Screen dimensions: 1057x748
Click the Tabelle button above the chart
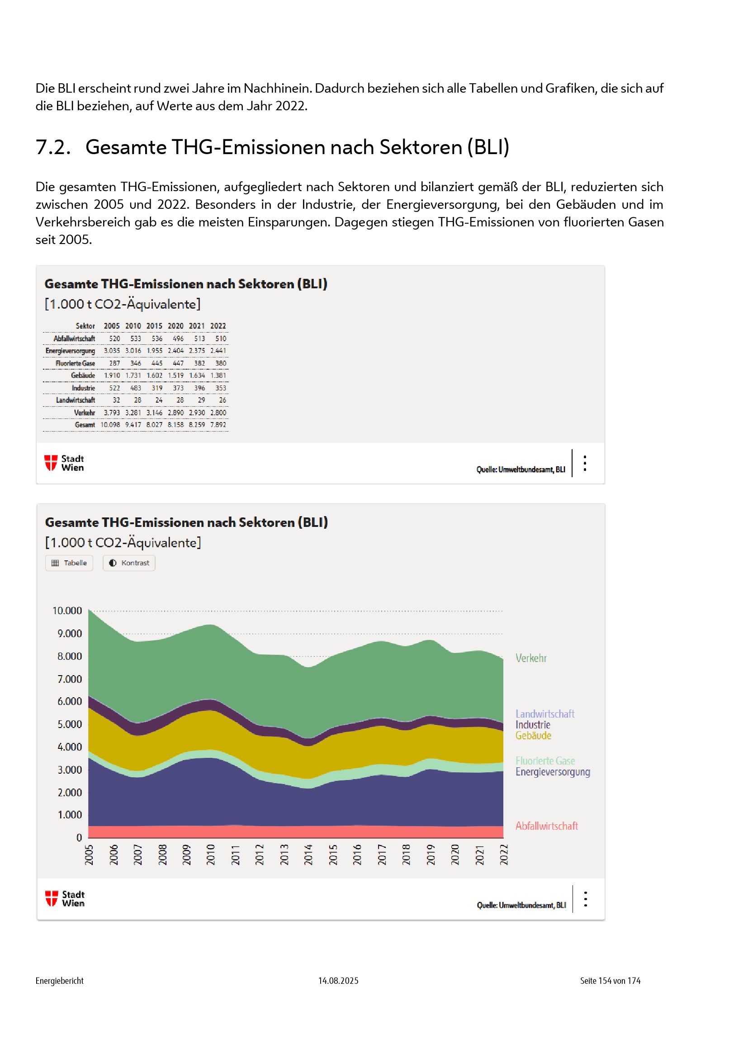point(69,563)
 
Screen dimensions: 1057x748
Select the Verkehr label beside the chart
point(530,658)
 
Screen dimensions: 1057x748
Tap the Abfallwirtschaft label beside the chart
point(546,826)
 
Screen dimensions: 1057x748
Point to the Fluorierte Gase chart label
point(545,761)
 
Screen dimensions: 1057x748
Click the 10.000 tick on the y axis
point(67,611)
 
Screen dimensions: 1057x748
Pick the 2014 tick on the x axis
point(308,855)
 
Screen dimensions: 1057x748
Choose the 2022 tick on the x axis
point(504,855)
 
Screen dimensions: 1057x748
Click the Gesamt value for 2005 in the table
point(110,425)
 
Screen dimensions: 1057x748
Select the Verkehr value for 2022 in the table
point(218,413)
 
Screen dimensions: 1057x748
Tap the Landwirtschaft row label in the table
point(76,400)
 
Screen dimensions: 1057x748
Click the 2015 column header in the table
point(154,326)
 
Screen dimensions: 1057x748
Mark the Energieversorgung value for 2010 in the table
point(133,351)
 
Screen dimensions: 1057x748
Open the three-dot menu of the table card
point(585,463)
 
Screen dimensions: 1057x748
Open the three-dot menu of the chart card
point(585,899)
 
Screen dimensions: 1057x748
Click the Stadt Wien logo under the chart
point(65,899)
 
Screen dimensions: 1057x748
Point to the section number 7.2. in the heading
point(53,147)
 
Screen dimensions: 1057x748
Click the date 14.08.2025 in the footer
point(338,981)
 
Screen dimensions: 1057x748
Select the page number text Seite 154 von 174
point(610,981)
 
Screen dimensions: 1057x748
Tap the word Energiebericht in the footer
point(59,981)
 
